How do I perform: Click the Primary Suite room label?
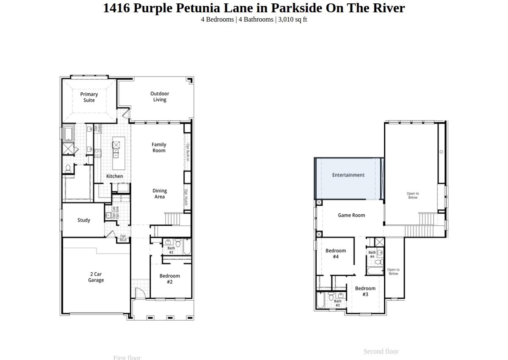[x=89, y=97]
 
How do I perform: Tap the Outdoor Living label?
[x=160, y=97]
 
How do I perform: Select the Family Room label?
[x=159, y=147]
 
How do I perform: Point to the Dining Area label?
[x=160, y=194]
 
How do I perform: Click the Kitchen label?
[x=114, y=176]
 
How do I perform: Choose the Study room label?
[x=84, y=220]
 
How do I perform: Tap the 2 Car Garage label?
[x=96, y=277]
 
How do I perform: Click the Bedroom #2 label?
[x=170, y=279]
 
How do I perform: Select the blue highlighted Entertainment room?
[x=348, y=178]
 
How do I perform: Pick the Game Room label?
[x=351, y=215]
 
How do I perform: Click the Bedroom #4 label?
[x=336, y=254]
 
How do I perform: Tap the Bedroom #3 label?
[x=365, y=291]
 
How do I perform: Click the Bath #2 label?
[x=171, y=250]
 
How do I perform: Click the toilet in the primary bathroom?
[x=68, y=169]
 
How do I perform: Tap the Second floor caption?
[x=381, y=352]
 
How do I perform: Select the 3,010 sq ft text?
[x=293, y=19]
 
